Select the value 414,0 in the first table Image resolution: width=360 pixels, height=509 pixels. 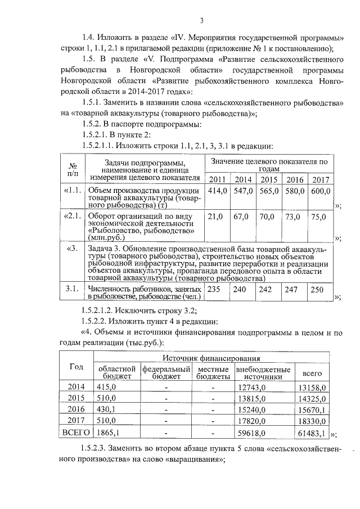217,191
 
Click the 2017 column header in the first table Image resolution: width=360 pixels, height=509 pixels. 320,179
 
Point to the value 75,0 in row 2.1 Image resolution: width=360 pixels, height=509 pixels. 318,217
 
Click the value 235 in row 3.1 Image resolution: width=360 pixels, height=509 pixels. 213,289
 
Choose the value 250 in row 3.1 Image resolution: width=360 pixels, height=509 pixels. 317,289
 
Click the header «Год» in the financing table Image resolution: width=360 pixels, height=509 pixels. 76,367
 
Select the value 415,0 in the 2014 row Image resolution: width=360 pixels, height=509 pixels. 106,387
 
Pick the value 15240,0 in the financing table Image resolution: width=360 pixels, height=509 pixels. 254,409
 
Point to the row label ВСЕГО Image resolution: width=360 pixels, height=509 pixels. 76,432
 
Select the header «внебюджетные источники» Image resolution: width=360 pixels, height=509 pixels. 263,372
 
